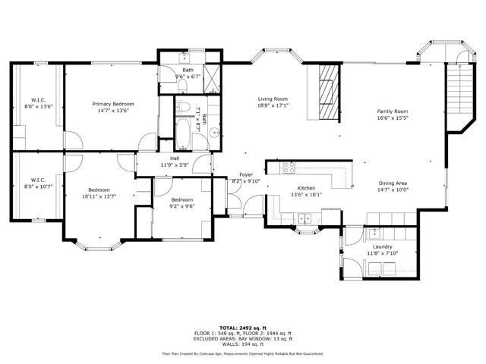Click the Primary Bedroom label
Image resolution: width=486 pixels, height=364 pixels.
[113, 104]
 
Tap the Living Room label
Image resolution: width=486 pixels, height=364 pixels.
[272, 99]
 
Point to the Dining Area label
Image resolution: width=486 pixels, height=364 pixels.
[393, 183]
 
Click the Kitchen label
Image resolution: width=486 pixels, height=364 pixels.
[306, 188]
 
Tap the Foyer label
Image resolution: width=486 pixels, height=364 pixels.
[246, 175]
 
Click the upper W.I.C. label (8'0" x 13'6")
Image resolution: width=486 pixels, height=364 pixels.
[38, 100]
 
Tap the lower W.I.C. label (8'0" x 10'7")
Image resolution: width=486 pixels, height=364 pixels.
[38, 180]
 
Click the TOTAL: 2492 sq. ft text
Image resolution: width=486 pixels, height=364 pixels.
[242, 327]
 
